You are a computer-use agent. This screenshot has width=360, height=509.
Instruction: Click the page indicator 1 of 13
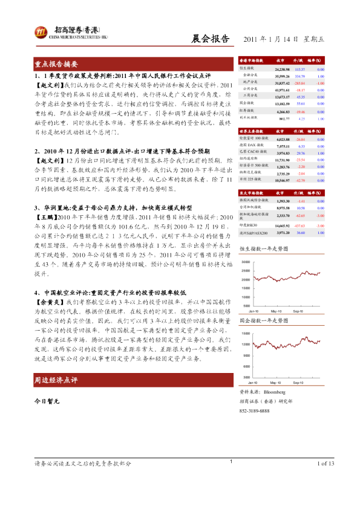[x=325, y=481]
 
